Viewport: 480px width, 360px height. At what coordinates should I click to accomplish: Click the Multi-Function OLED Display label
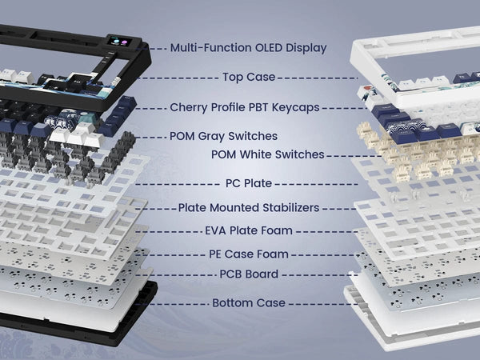[248, 48]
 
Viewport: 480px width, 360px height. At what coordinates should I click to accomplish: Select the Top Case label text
[248, 78]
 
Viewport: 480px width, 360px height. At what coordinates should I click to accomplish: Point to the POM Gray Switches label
[223, 137]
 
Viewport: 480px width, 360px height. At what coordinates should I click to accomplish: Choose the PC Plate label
[250, 183]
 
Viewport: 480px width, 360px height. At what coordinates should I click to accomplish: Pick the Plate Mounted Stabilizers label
[250, 207]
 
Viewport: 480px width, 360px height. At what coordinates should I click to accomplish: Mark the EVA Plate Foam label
[249, 231]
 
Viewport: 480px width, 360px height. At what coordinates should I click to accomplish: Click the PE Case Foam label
[250, 254]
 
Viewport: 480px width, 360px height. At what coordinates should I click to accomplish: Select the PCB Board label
[249, 274]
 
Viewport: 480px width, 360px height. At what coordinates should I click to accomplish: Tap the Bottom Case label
[249, 303]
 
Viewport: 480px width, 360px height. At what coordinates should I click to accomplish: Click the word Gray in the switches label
[218, 137]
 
